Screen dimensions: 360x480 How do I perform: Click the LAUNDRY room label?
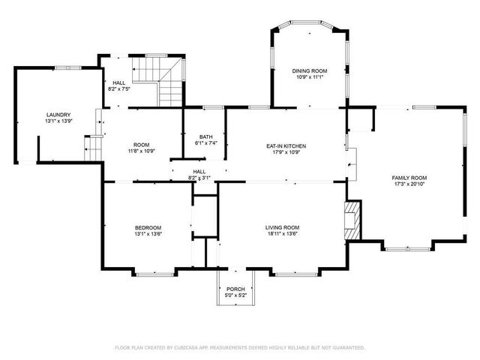coord(57,115)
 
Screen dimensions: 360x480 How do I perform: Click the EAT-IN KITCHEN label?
coord(286,146)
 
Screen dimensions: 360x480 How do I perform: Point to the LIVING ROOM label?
coord(282,227)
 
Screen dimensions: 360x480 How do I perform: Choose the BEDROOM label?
coord(148,227)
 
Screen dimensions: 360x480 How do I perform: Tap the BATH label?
coord(205,136)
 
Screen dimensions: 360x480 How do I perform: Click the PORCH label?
coord(235,289)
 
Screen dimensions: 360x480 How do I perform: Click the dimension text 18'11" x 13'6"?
coord(282,234)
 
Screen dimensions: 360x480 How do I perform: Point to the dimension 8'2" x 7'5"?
coord(119,89)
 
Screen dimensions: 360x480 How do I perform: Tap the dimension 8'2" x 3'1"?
coord(199,178)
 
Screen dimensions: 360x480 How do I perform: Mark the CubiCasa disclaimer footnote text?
coord(239,347)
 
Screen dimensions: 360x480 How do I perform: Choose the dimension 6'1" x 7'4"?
coord(205,143)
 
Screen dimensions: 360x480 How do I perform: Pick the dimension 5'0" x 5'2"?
coord(235,295)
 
